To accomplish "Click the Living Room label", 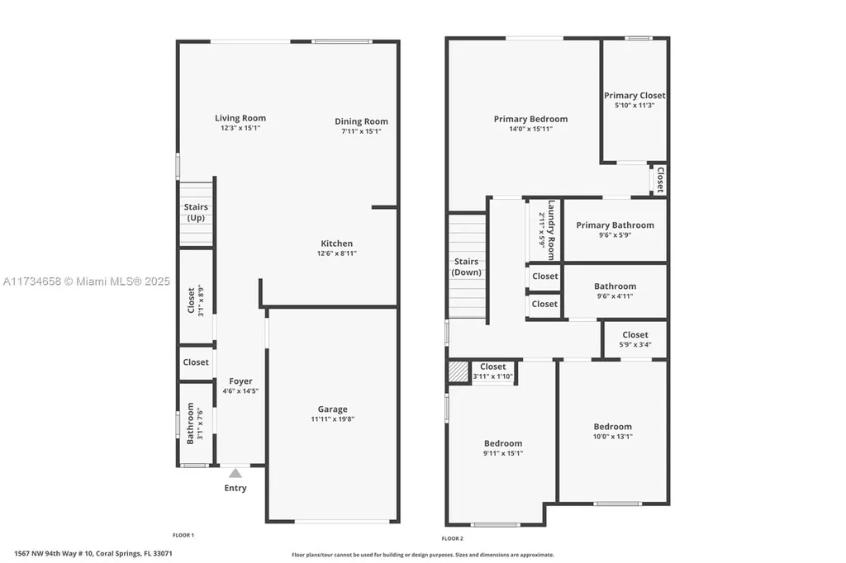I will click(x=240, y=118).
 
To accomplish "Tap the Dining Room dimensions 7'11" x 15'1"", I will click(x=361, y=131).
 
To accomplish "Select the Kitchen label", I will click(x=336, y=244).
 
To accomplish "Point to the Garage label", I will click(x=333, y=409).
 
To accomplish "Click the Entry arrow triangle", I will click(x=235, y=473).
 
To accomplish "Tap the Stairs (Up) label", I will click(x=196, y=212).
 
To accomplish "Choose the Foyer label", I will click(x=240, y=381).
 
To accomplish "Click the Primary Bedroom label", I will click(x=530, y=119).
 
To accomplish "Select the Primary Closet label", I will click(x=634, y=96).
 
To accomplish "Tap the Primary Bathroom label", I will click(x=615, y=225).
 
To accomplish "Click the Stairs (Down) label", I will click(x=467, y=267).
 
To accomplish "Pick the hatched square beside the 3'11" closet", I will click(x=458, y=371).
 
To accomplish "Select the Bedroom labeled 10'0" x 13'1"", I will click(x=612, y=427).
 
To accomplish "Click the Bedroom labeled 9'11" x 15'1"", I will click(x=503, y=443).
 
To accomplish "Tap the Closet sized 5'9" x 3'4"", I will click(x=634, y=334).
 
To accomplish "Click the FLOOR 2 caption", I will click(x=452, y=538).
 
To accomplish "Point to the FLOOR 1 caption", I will click(x=183, y=536).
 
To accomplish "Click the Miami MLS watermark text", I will click(x=86, y=281).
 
